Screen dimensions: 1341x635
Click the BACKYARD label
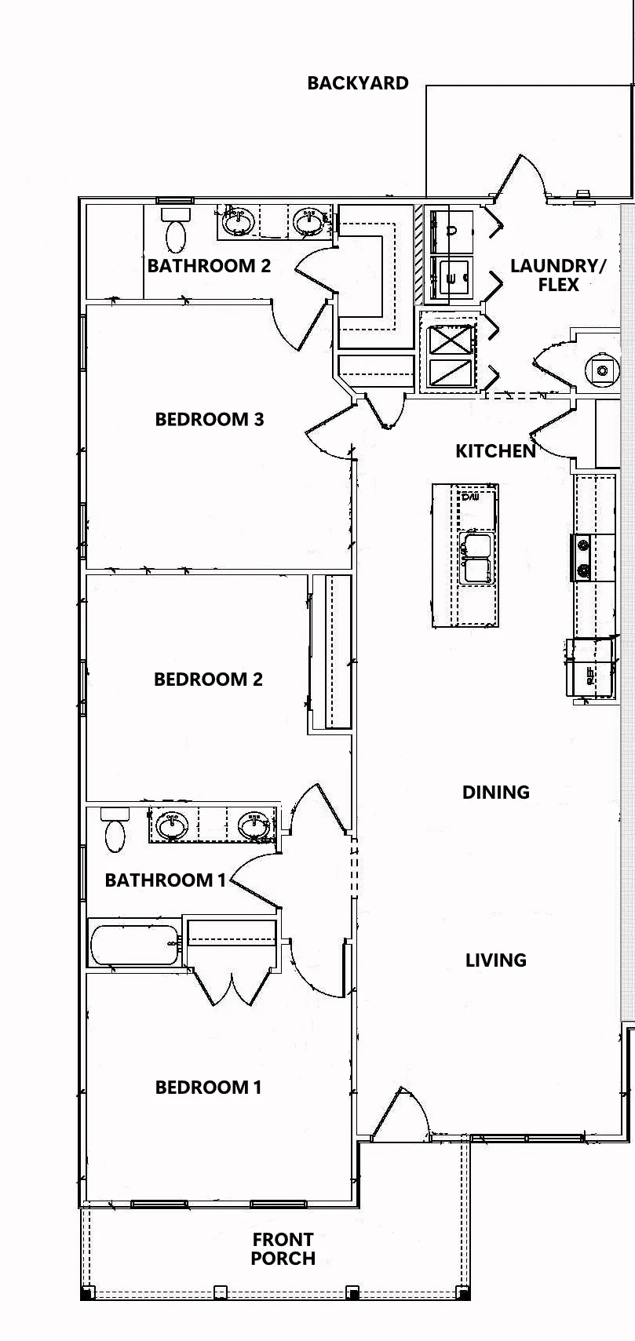[x=357, y=83]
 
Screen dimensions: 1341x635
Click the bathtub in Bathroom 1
[x=135, y=944]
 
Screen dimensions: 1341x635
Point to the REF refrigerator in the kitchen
[x=589, y=668]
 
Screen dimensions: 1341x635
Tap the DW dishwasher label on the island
[x=470, y=497]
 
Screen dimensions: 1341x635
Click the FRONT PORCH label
[x=283, y=1248]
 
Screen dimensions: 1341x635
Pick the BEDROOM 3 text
[x=209, y=419]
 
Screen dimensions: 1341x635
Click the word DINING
[x=495, y=792]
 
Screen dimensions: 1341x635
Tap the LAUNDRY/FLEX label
[x=558, y=275]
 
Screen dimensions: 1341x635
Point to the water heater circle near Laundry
[x=602, y=370]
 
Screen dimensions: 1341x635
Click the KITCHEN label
[x=495, y=450]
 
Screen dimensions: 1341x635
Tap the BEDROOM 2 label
[x=208, y=679]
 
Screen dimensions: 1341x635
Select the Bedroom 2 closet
[x=338, y=651]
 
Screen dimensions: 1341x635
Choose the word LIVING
[x=495, y=960]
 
